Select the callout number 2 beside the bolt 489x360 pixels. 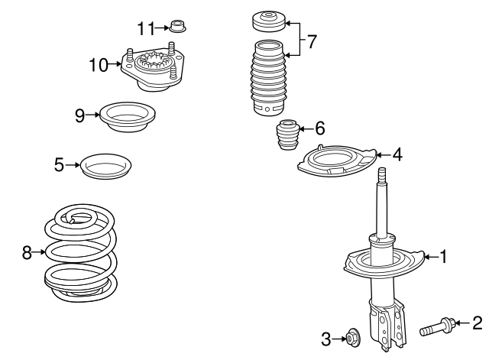[x=478, y=323]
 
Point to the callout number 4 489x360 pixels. [x=397, y=154]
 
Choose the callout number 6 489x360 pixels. [x=319, y=129]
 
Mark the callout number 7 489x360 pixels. [x=311, y=40]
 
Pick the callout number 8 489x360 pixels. [x=28, y=251]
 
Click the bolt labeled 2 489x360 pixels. [x=438, y=329]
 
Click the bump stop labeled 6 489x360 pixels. [x=287, y=137]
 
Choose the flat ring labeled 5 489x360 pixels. [x=106, y=165]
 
